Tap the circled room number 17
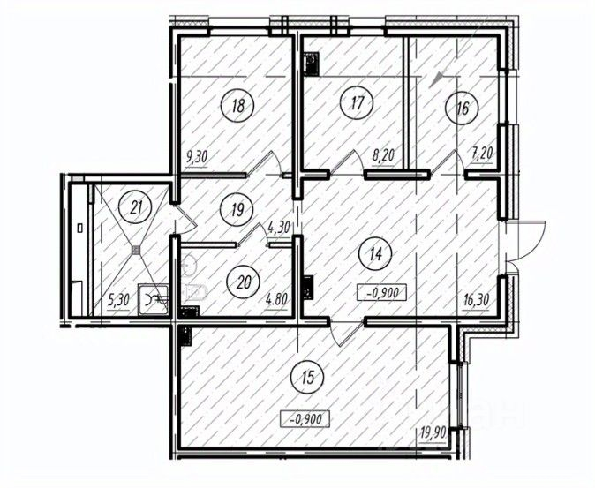pyautogui.click(x=357, y=102)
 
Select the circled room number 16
pyautogui.click(x=462, y=108)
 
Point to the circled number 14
pyautogui.click(x=376, y=254)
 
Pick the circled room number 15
pyautogui.click(x=307, y=378)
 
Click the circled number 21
pyautogui.click(x=135, y=207)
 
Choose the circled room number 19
pyautogui.click(x=237, y=209)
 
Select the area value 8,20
pyautogui.click(x=384, y=154)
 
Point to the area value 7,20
pyautogui.click(x=482, y=154)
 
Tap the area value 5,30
pyautogui.click(x=118, y=300)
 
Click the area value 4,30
pyautogui.click(x=279, y=227)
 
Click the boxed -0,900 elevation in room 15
pyautogui.click(x=305, y=419)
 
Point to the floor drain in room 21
pyautogui.click(x=136, y=250)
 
